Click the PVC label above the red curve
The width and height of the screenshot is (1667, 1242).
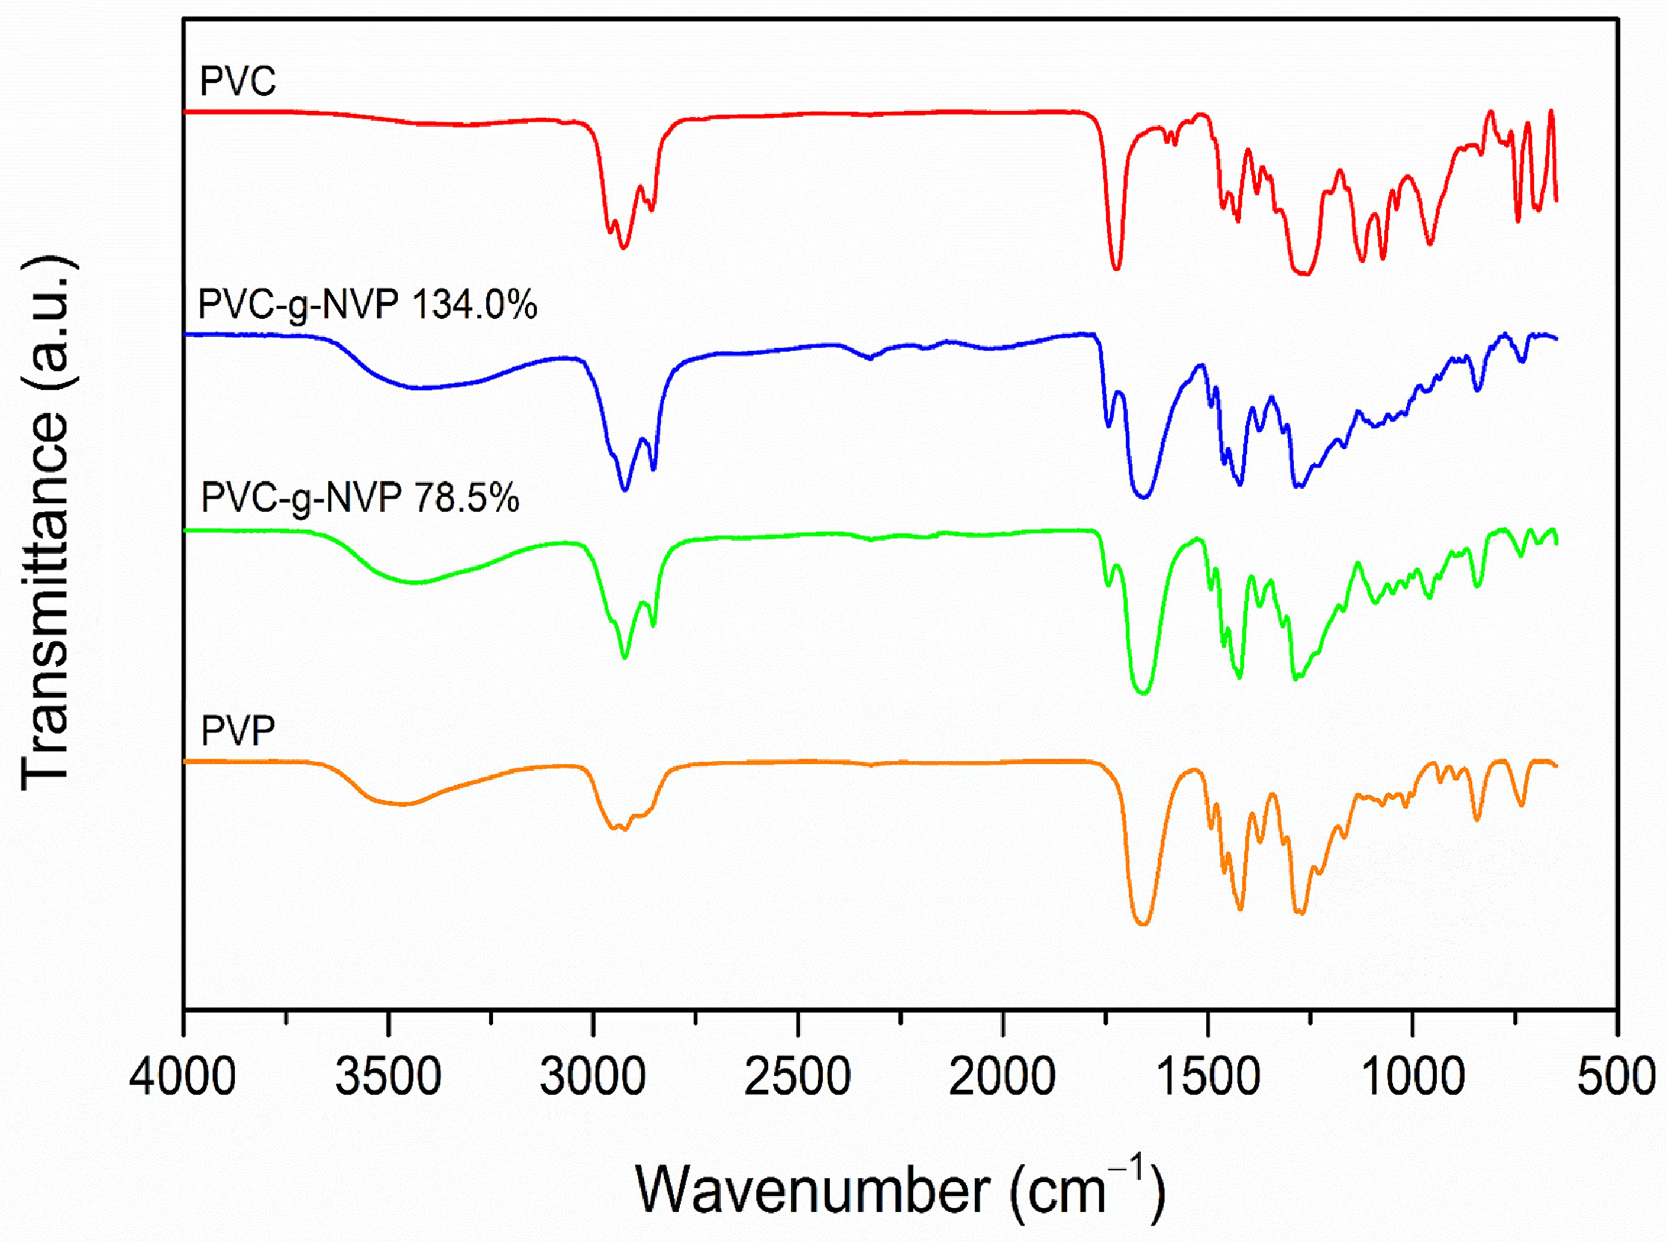point(238,81)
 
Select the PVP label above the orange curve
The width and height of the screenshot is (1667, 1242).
point(238,730)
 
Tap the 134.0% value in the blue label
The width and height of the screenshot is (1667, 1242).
point(474,305)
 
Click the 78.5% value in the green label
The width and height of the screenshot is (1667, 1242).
point(466,498)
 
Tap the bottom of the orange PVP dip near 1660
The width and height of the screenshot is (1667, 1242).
point(1143,924)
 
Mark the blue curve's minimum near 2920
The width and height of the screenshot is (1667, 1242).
point(624,490)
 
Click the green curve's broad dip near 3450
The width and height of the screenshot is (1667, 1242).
point(413,583)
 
